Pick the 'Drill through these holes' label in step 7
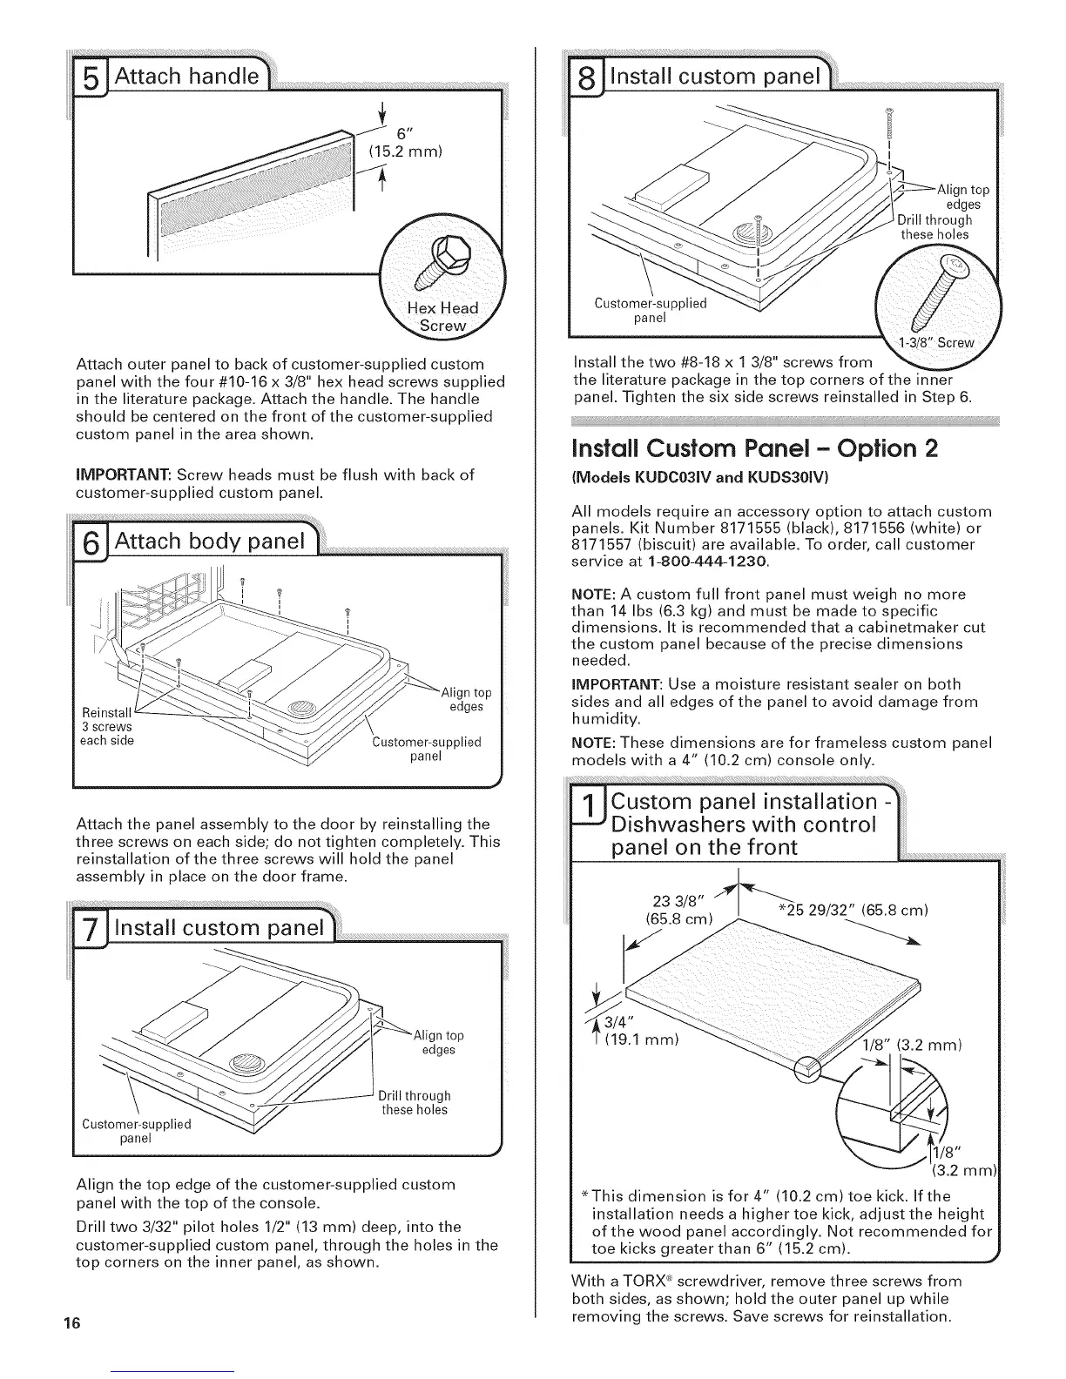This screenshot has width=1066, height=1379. pyautogui.click(x=415, y=1102)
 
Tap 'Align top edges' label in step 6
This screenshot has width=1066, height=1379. pyautogui.click(x=466, y=699)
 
